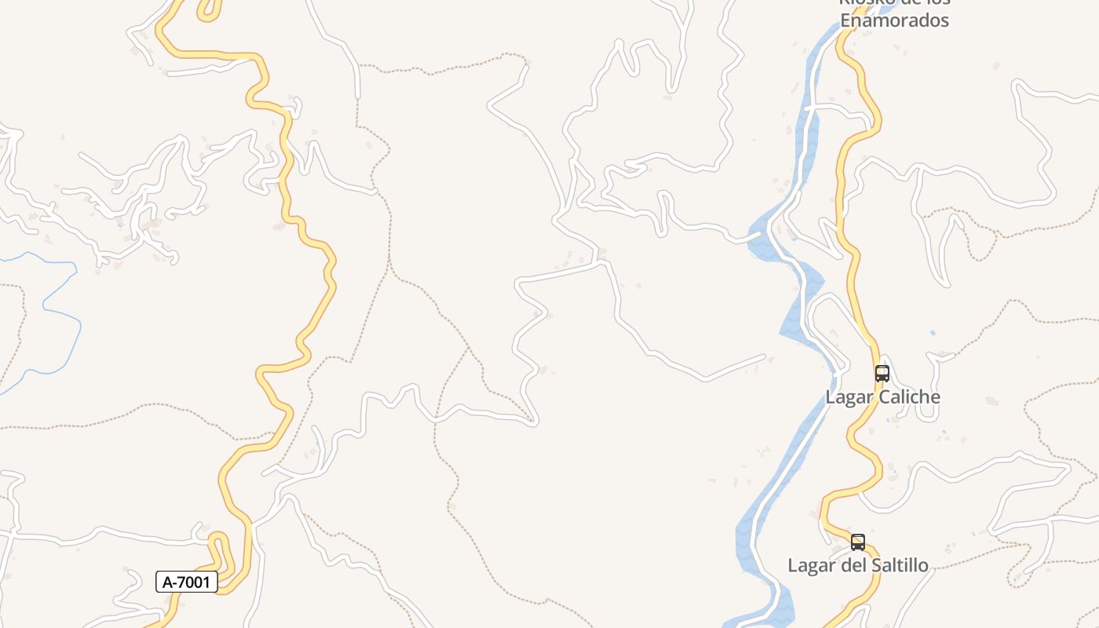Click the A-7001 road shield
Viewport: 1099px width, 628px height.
(x=187, y=582)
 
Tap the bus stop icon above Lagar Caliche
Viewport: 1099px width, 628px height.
(x=882, y=374)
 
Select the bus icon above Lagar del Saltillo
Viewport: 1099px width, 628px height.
(x=858, y=542)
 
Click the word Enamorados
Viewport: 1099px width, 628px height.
(x=894, y=21)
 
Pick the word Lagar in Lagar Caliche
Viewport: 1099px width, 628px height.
(x=849, y=397)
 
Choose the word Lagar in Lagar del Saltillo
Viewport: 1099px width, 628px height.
(x=811, y=566)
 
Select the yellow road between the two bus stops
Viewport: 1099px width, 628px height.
(x=867, y=455)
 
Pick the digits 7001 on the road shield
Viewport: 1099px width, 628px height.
(x=195, y=582)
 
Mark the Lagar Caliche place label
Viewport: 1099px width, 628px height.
(x=882, y=397)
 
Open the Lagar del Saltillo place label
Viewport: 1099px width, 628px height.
(x=858, y=566)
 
